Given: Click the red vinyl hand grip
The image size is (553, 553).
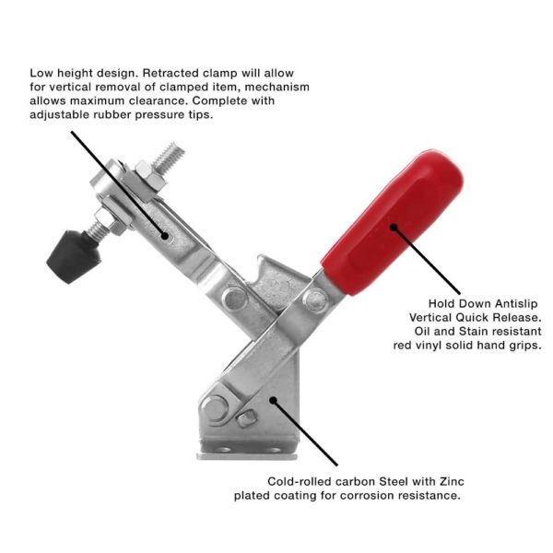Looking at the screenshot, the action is click(x=393, y=222).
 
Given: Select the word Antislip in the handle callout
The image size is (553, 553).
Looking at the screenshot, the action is click(x=516, y=303).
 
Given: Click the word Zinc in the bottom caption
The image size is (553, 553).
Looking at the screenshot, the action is click(x=452, y=481).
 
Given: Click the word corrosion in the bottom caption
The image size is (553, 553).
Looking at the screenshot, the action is click(x=368, y=496).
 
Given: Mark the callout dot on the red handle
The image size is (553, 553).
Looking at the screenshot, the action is click(x=394, y=228).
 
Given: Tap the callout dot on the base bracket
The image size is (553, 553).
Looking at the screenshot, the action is click(x=273, y=400).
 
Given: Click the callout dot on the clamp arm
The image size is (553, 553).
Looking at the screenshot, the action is click(x=164, y=235).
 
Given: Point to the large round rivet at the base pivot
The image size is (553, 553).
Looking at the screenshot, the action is click(x=214, y=408).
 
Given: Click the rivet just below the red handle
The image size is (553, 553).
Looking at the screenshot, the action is click(x=316, y=300).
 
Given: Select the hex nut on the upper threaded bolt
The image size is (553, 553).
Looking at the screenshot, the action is click(x=149, y=176).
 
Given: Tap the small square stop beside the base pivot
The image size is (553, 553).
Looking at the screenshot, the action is click(x=246, y=418).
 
